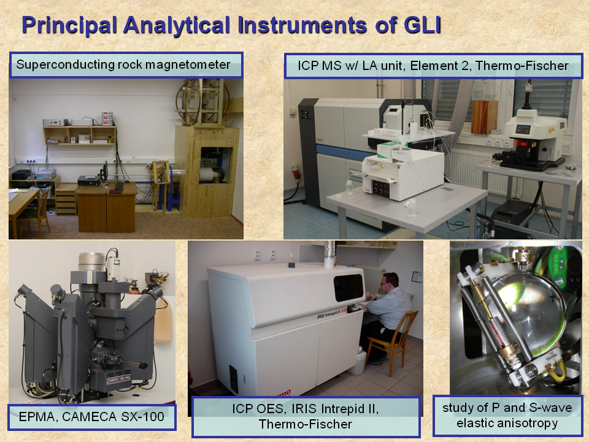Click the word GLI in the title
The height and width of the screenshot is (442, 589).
pyautogui.click(x=422, y=25)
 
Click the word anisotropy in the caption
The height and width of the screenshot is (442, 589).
pyautogui.click(x=507, y=423)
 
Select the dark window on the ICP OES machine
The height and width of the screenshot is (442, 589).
pyautogui.click(x=348, y=287)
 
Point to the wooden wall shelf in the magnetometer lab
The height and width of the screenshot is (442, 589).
pyautogui.click(x=80, y=135)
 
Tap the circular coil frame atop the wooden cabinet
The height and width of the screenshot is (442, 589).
pyautogui.click(x=202, y=101)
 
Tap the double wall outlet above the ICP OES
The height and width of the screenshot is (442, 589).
pyautogui.click(x=265, y=255)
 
